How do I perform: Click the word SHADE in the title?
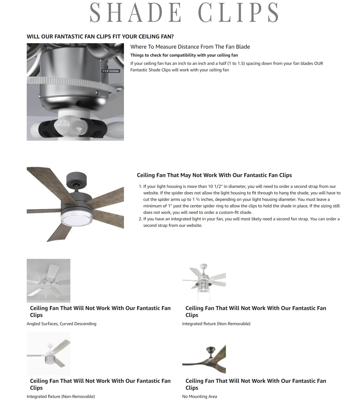point(135,13)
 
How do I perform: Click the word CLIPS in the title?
point(238,13)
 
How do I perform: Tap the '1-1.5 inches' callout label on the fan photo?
point(110,71)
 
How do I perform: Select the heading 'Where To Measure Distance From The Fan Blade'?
point(190,47)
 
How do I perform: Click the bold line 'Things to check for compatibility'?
point(184,55)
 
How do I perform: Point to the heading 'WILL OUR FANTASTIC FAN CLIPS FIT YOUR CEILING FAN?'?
point(100,36)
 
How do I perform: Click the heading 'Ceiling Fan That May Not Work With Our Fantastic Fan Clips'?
point(214,175)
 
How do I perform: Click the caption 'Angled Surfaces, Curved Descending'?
point(61,324)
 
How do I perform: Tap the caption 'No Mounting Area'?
point(199,397)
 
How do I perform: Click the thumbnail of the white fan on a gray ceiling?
point(48,281)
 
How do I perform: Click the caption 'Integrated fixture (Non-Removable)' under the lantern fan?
point(216,324)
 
